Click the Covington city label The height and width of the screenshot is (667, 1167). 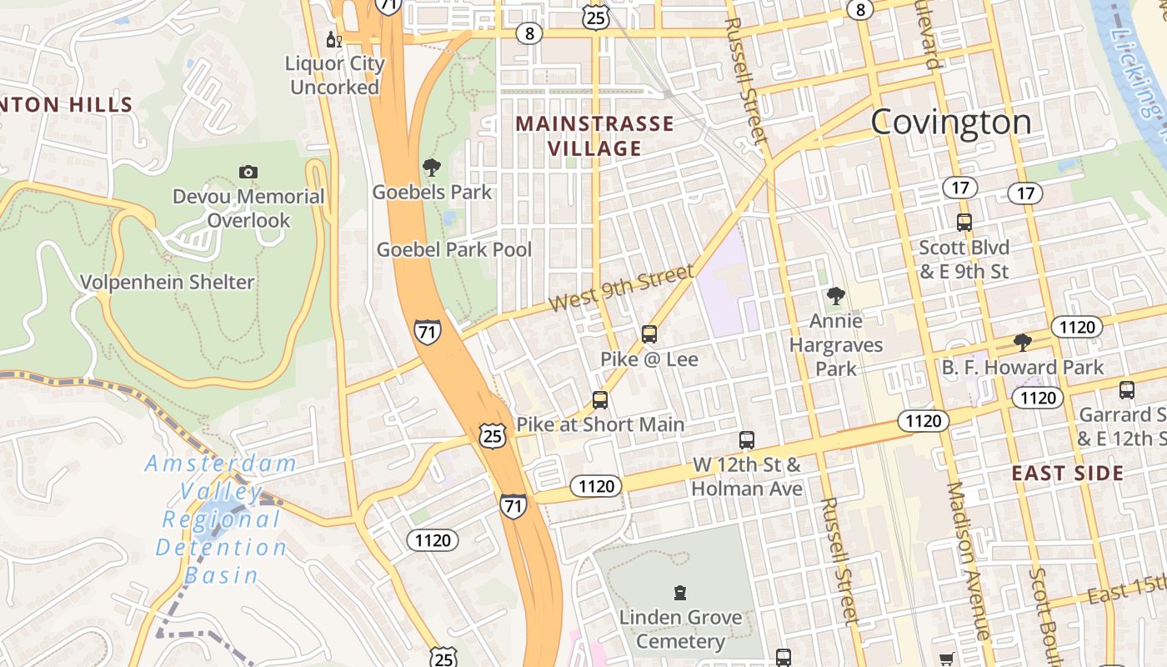point(951,123)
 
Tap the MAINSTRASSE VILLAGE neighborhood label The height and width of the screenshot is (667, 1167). point(594,136)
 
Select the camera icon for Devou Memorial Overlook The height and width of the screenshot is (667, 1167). point(248,173)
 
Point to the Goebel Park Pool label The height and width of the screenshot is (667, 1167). point(454,249)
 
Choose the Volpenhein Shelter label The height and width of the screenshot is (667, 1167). point(167,282)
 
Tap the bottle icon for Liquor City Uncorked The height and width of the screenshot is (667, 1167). point(333,39)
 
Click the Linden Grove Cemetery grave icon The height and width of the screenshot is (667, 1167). point(680,593)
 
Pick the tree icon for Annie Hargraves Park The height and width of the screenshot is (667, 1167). point(835,295)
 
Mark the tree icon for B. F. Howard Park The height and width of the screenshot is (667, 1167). point(1022,343)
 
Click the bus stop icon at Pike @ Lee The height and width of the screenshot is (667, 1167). point(649,334)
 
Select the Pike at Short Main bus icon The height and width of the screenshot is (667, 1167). point(600,400)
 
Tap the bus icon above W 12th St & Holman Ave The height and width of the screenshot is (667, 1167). point(747,439)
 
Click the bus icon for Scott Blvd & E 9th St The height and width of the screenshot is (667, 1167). point(964,223)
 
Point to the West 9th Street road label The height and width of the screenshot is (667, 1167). point(622,288)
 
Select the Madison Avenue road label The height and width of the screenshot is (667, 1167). point(967,560)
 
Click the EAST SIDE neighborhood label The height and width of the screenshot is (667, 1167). point(1068,474)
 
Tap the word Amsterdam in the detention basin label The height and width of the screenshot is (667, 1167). point(221,464)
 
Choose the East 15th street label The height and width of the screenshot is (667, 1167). point(1125,590)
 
